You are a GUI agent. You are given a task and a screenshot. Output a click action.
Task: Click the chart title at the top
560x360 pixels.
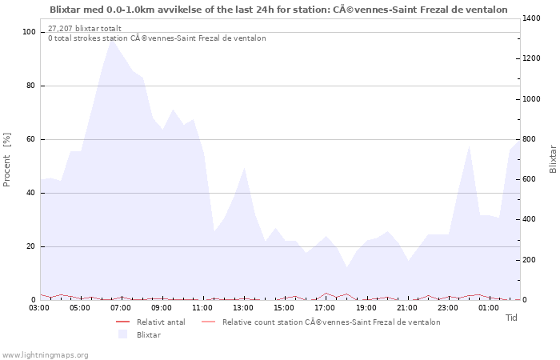(278, 10)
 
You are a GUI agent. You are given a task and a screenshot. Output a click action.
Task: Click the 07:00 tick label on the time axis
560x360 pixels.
(121, 307)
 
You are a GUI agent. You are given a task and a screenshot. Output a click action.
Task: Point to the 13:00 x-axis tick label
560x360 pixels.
(243, 307)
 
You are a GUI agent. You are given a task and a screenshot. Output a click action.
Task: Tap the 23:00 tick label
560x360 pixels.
(447, 307)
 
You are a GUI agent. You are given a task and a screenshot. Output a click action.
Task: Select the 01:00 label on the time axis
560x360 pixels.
(488, 307)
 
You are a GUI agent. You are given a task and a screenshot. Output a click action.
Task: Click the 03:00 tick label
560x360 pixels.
(39, 307)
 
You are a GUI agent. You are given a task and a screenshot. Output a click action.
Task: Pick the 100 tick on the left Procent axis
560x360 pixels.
(30, 32)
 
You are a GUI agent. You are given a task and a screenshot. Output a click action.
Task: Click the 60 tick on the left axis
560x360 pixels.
(32, 139)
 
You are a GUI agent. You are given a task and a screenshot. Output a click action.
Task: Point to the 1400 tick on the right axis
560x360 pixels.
(534, 18)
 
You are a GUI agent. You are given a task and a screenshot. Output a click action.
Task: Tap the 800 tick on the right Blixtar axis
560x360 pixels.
(531, 139)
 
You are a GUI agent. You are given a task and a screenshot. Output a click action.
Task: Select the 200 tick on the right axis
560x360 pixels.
(531, 260)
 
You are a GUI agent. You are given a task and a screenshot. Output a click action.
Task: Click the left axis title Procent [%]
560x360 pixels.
(7, 159)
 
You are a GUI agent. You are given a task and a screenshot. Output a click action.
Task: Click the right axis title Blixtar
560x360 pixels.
(553, 159)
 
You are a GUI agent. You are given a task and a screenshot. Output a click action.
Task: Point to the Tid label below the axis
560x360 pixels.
(512, 318)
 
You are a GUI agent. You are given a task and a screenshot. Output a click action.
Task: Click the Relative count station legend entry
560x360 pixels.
(330, 322)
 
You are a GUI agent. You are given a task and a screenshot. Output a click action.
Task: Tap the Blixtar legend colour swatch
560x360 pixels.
(122, 334)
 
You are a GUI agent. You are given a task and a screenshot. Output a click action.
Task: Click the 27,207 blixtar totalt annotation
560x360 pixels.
(85, 28)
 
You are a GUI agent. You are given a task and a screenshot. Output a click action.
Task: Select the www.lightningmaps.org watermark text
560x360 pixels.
(45, 354)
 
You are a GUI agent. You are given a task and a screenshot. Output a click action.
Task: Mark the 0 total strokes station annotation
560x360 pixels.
(157, 38)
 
